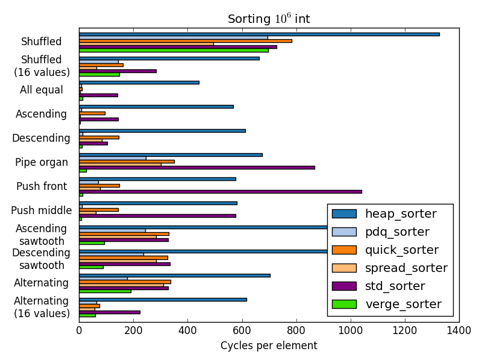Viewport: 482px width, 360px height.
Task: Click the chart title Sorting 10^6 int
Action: [x=269, y=19]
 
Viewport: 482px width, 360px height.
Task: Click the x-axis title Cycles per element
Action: [x=269, y=346]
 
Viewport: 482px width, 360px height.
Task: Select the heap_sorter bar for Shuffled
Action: [x=259, y=34]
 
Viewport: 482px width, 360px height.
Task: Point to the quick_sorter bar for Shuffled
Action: [x=186, y=40]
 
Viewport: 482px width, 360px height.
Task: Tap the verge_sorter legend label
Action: [x=403, y=304]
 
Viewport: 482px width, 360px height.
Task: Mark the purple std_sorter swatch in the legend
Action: [x=344, y=286]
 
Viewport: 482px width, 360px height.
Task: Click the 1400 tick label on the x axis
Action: [x=459, y=330]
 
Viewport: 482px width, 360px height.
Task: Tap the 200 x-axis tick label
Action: [x=133, y=330]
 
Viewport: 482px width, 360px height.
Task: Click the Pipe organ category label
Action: [x=41, y=162]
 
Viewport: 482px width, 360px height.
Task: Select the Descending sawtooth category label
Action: [x=42, y=259]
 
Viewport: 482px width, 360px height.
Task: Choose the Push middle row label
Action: [x=41, y=210]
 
